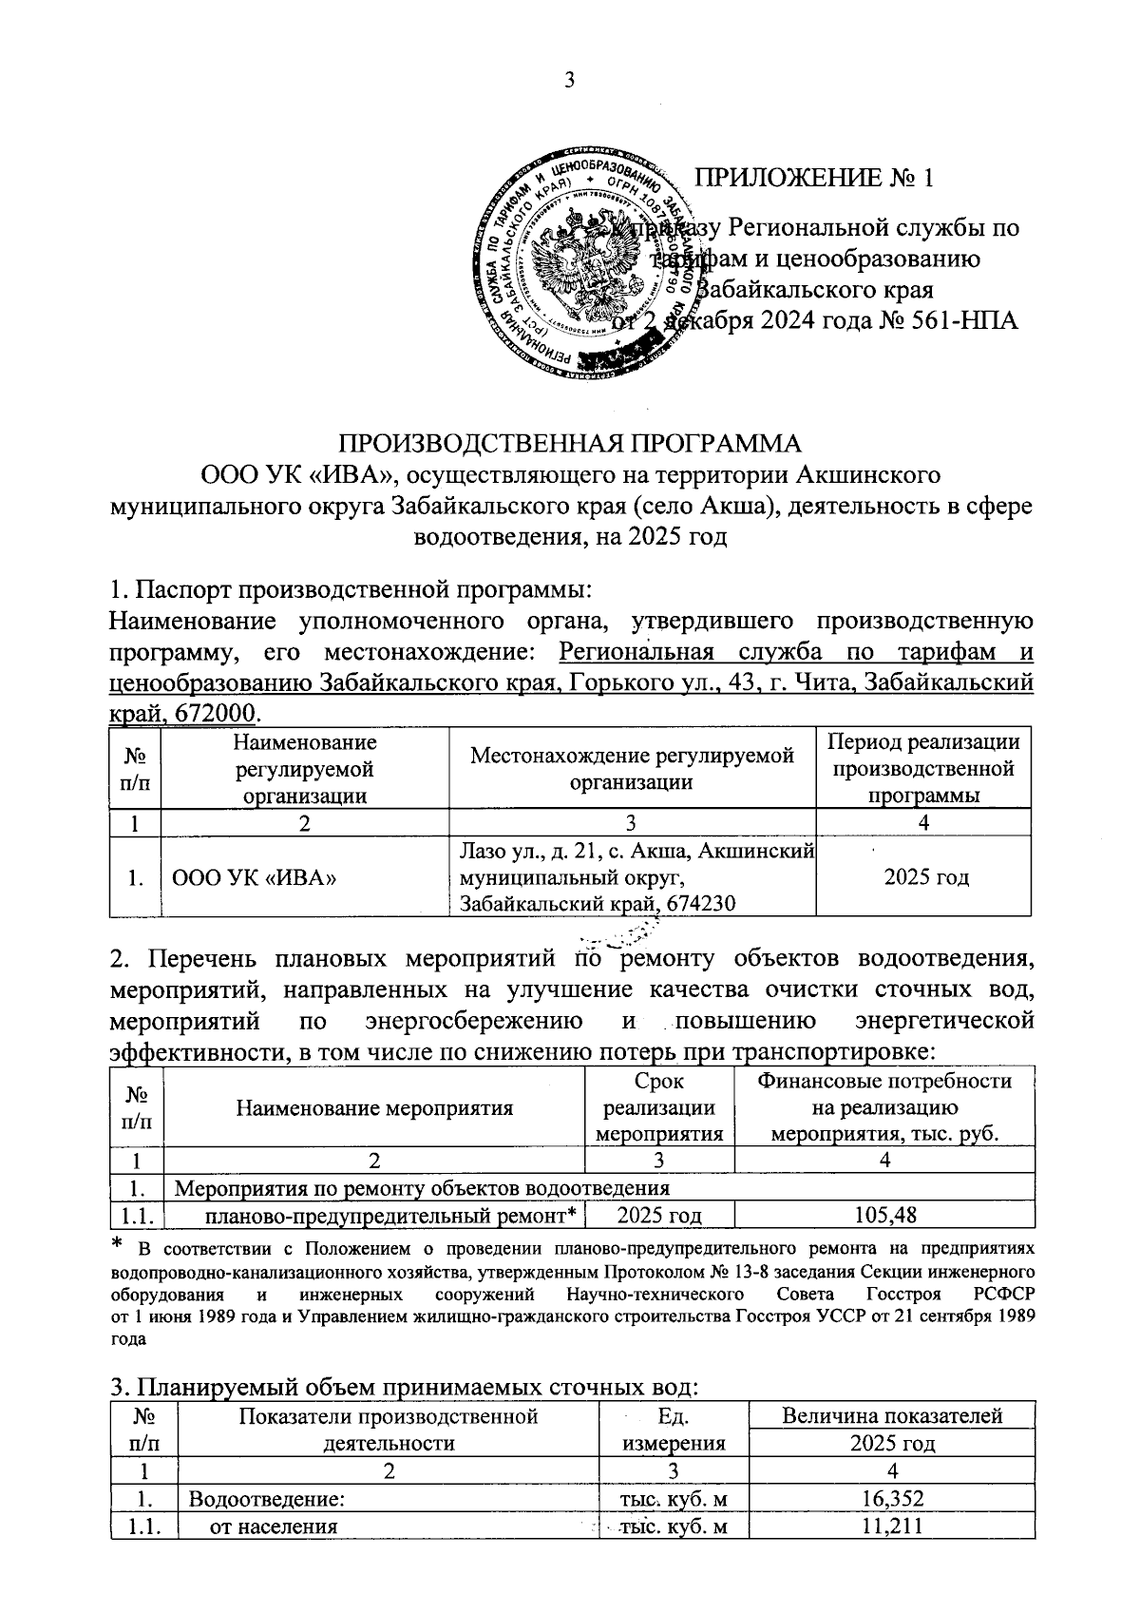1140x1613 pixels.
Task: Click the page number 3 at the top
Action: click(x=570, y=80)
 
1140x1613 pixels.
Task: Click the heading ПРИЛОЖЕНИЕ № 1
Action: click(x=815, y=178)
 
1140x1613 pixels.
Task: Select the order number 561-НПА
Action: click(x=962, y=320)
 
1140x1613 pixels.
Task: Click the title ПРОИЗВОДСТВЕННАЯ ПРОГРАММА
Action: click(x=570, y=444)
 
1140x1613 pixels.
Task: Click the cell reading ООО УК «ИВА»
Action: click(x=255, y=877)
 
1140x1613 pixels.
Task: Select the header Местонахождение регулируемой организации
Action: click(x=632, y=769)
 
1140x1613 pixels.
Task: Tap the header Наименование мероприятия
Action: click(x=374, y=1107)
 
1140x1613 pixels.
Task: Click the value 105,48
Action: click(x=884, y=1214)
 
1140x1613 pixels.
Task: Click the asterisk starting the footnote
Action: click(x=118, y=1245)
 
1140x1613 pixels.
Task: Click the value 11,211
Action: click(x=891, y=1527)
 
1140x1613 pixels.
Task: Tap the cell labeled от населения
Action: click(x=274, y=1527)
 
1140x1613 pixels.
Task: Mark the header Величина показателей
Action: click(x=891, y=1416)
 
